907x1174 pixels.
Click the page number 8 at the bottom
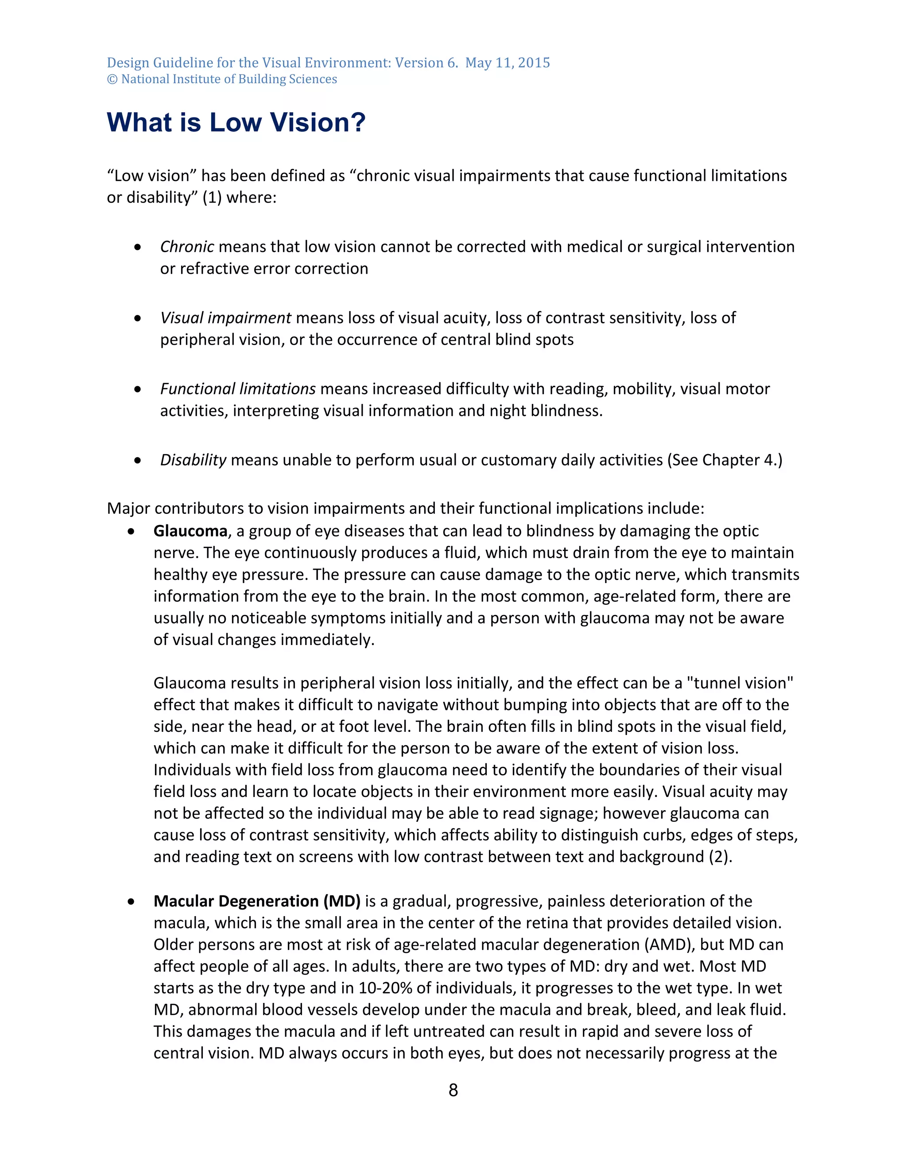coord(453,1090)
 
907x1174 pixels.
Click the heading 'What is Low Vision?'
coord(236,123)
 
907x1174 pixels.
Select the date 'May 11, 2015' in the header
coord(507,63)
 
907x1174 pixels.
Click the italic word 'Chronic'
coord(187,247)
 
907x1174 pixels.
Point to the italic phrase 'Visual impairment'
coord(226,318)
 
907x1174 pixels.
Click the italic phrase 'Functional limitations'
coord(237,389)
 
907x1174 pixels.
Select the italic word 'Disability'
coord(193,460)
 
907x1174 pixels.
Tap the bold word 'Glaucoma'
coord(190,531)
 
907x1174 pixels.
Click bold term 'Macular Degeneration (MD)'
coord(257,901)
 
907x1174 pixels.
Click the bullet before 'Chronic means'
coord(138,247)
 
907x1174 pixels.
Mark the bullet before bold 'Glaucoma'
coord(132,532)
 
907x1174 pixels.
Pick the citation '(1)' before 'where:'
coord(212,198)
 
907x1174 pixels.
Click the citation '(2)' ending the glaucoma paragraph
coord(721,856)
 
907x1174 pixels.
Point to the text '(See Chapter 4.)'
coord(724,460)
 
